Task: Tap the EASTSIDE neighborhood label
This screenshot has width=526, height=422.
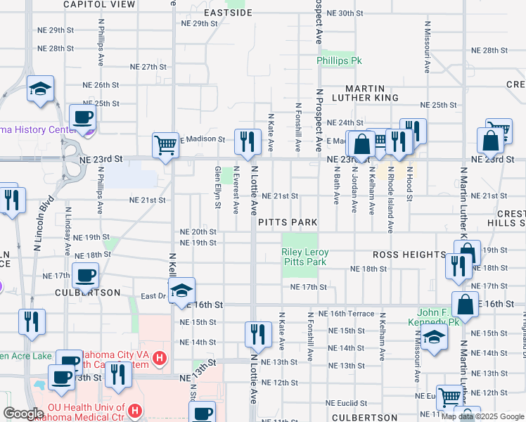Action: [x=228, y=13]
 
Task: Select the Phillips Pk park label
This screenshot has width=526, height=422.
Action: [x=339, y=61]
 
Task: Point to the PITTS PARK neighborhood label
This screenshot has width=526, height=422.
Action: [x=287, y=222]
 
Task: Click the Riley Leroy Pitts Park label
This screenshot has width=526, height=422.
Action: [x=304, y=257]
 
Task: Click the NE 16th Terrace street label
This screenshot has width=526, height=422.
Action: [x=346, y=314]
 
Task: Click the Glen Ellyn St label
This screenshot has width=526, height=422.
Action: [x=218, y=188]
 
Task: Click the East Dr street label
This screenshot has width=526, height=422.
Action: [x=153, y=296]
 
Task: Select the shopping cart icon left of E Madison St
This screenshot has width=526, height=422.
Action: [x=165, y=145]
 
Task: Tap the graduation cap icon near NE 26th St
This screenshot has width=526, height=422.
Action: [x=40, y=89]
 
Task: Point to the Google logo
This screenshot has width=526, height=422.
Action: [x=23, y=414]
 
